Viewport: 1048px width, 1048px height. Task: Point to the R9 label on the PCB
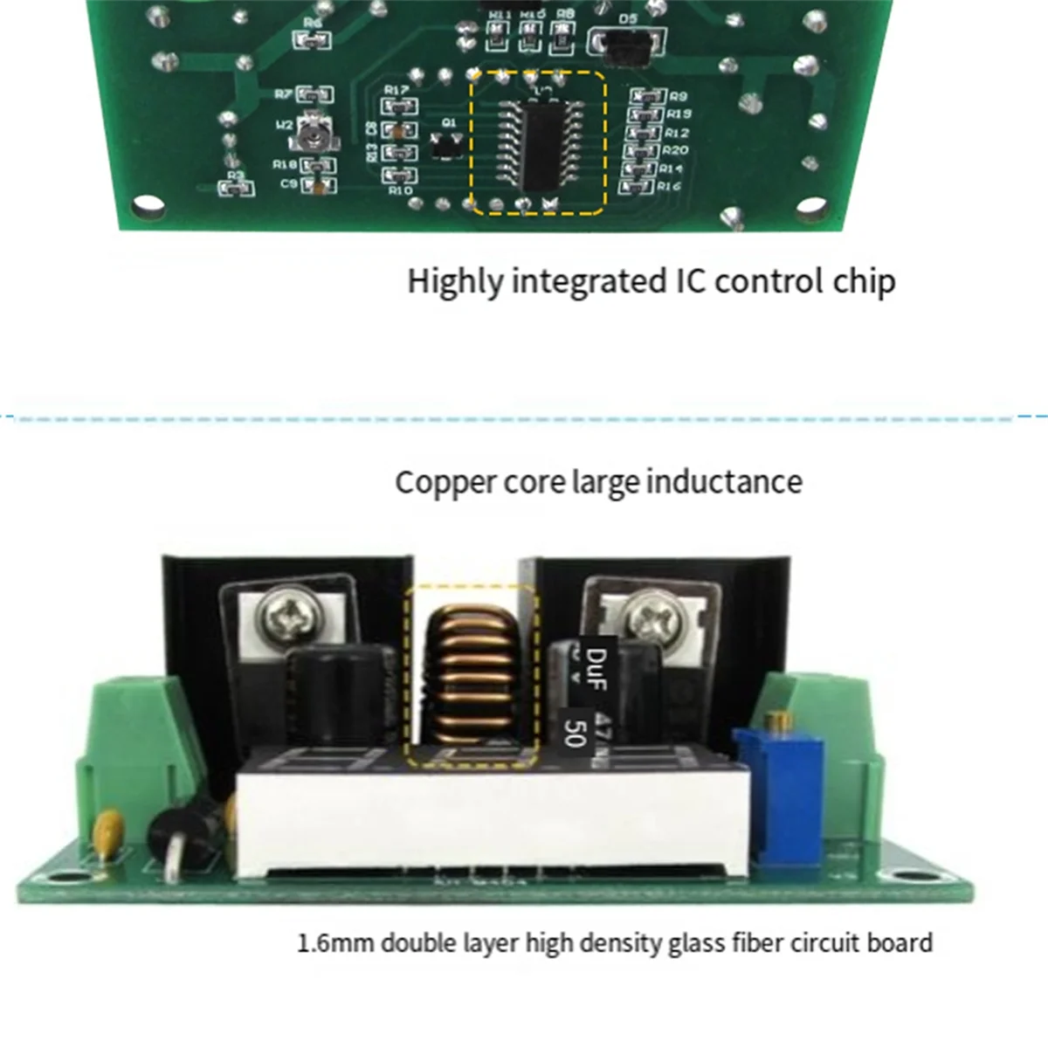(x=678, y=96)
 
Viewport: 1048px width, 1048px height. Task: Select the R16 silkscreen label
(x=669, y=186)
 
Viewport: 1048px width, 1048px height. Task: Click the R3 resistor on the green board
(x=235, y=188)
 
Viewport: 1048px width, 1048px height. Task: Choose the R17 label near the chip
(x=396, y=90)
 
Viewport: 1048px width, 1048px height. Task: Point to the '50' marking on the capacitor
(x=573, y=733)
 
